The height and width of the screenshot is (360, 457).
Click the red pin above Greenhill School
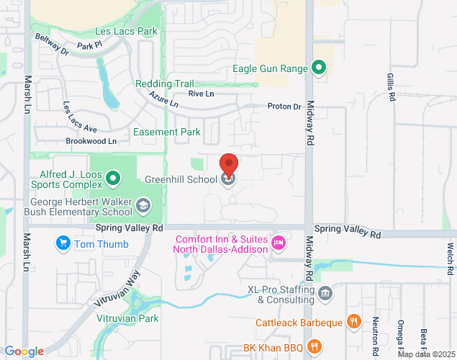[229, 165]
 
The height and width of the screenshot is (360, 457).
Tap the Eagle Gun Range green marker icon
[320, 69]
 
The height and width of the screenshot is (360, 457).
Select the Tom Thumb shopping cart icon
[63, 244]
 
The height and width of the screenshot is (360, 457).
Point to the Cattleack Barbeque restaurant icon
[353, 322]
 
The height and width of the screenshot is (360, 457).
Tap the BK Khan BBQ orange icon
[314, 347]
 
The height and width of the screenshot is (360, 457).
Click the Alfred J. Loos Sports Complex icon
[113, 177]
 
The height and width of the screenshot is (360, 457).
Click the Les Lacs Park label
[126, 32]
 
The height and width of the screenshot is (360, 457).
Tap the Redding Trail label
[164, 84]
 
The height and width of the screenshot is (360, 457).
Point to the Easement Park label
[167, 132]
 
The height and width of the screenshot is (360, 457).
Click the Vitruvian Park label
[127, 318]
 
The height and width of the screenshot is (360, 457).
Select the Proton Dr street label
[284, 107]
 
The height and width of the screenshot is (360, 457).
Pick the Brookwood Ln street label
[91, 141]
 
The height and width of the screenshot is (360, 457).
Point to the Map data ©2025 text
[426, 354]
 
